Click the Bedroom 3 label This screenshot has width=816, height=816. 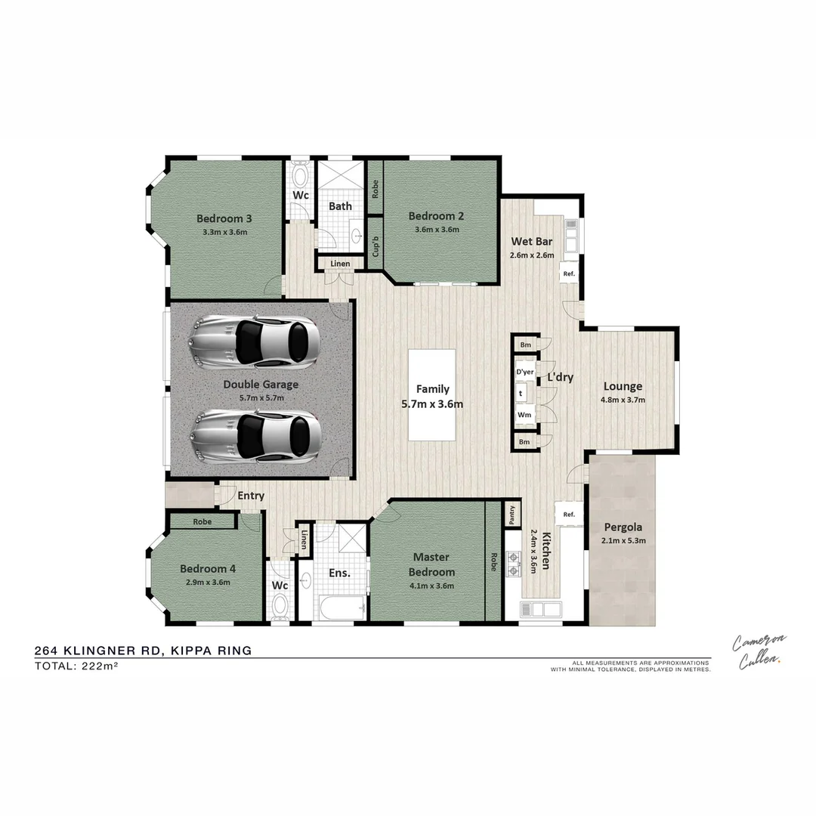224,219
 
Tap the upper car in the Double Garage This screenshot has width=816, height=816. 255,341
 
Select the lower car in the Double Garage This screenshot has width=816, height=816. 256,435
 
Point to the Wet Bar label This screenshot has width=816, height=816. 532,242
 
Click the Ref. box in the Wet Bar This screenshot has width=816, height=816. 569,274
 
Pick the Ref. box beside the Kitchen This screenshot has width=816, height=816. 569,515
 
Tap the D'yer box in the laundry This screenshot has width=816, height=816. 525,372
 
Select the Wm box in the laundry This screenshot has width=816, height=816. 524,415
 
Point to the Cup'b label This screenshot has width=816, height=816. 376,237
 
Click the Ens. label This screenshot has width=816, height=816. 339,573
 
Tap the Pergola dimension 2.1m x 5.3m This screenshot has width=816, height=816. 623,540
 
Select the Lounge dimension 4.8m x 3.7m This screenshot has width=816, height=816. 623,400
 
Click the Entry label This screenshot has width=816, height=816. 251,496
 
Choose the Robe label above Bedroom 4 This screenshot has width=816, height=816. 202,521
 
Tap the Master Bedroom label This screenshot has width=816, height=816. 431,564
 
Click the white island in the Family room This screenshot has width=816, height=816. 432,395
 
